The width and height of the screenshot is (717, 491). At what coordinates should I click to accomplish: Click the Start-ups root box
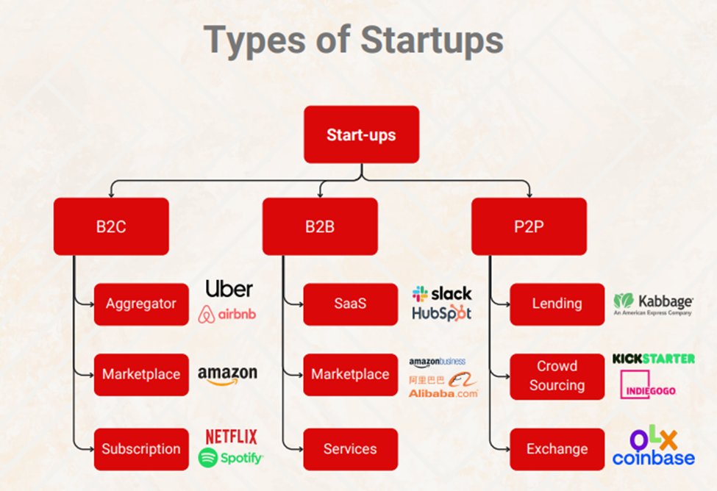[x=361, y=135]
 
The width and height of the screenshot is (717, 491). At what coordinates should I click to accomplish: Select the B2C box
[x=111, y=226]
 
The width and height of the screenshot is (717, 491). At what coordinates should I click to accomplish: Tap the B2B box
[x=320, y=226]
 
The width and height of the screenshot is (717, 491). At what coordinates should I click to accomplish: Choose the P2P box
[x=529, y=226]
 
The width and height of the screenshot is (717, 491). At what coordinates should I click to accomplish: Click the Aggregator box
[x=141, y=304]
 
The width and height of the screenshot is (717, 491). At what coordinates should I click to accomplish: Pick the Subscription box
[x=141, y=449]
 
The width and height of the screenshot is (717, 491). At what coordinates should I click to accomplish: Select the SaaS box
[x=350, y=304]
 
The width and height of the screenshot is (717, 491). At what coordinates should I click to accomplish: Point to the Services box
[x=350, y=449]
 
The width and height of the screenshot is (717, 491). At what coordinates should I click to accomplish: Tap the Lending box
[x=557, y=304]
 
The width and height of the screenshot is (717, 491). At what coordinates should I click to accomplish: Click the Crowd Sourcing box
[x=557, y=376]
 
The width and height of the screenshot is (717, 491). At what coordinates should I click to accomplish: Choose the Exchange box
[x=557, y=449]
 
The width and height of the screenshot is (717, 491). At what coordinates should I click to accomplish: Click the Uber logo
[x=229, y=288]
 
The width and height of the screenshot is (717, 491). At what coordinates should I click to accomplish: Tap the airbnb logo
[x=228, y=315]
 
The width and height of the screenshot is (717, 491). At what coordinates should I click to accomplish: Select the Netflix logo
[x=231, y=437]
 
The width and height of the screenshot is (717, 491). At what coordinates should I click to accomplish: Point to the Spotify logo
[x=231, y=459]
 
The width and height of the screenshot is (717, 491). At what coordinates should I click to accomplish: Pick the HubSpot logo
[x=441, y=313]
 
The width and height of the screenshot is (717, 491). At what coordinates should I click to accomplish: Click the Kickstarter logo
[x=653, y=359]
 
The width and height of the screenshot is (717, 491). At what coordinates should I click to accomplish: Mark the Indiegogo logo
[x=648, y=384]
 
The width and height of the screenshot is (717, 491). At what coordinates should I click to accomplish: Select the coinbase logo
[x=653, y=459]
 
